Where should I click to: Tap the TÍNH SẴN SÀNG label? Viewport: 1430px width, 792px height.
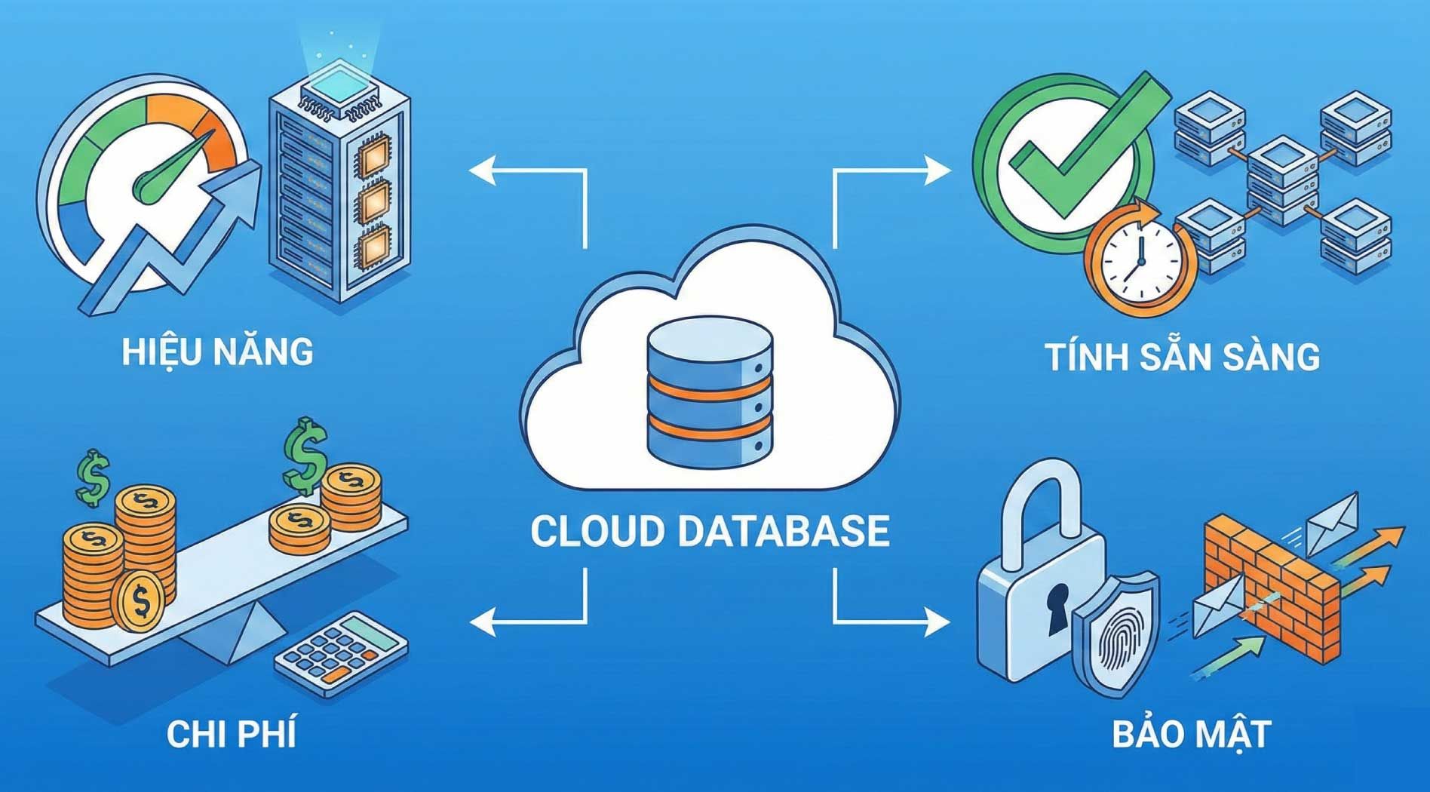(1182, 358)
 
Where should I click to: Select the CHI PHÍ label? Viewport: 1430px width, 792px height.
(231, 734)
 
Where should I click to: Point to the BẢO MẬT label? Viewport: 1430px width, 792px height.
(1192, 734)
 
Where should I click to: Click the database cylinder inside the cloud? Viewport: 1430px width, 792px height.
(710, 392)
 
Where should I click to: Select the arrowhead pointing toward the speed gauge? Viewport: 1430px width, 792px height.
(483, 170)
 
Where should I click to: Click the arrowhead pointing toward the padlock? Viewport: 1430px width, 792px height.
(938, 622)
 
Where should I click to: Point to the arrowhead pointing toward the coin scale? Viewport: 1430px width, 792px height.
(483, 622)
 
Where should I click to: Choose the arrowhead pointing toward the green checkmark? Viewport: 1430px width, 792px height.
(938, 170)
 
